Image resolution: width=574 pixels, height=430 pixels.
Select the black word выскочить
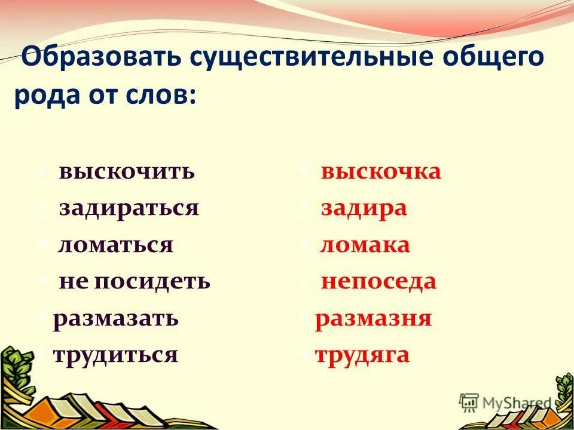pyautogui.click(x=127, y=172)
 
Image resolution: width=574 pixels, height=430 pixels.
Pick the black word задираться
pyautogui.click(x=129, y=208)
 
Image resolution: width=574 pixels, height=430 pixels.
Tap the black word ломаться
pyautogui.click(x=115, y=245)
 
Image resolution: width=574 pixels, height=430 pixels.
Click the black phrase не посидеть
pyautogui.click(x=135, y=281)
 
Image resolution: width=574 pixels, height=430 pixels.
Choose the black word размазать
pyautogui.click(x=116, y=318)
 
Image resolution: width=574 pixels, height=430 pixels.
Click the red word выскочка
pyautogui.click(x=381, y=172)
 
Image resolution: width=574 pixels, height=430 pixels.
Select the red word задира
pyautogui.click(x=364, y=208)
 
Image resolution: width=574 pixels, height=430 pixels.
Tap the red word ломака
pyautogui.click(x=365, y=245)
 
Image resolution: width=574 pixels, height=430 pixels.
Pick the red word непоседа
pyautogui.click(x=378, y=281)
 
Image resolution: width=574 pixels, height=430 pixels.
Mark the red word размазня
pyautogui.click(x=373, y=318)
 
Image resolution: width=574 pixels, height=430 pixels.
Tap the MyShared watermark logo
pyautogui.click(x=505, y=401)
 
